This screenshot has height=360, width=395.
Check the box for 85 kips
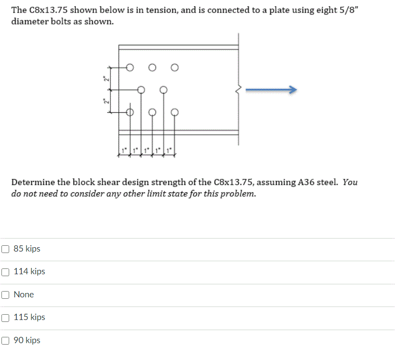click(x=5, y=249)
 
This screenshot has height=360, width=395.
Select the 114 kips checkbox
click(x=5, y=272)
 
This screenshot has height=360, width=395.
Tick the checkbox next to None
click(x=5, y=294)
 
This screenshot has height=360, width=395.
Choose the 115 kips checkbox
click(x=5, y=318)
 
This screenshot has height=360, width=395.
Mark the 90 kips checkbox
click(x=5, y=341)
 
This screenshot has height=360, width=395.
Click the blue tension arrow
click(x=271, y=90)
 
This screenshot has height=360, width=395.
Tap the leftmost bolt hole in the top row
click(x=130, y=67)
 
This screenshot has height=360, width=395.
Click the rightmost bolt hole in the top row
click(x=174, y=67)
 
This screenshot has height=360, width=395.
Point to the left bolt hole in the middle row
click(x=141, y=90)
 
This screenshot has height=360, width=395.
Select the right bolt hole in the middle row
click(x=163, y=90)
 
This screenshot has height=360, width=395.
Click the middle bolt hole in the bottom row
click(x=152, y=112)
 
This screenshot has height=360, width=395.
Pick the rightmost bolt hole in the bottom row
click(x=174, y=112)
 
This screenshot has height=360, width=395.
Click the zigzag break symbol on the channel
click(x=238, y=90)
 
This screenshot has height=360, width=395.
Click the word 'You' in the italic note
click(x=351, y=182)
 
